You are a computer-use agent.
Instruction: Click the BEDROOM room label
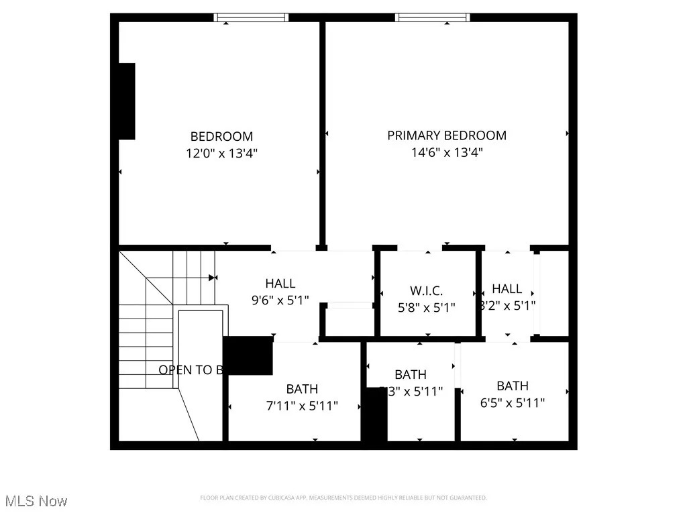tap(221, 136)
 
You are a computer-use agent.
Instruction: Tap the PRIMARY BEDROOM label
tap(447, 135)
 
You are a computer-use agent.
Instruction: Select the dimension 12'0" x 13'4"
tap(221, 153)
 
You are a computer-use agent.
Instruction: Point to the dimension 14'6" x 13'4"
tap(447, 152)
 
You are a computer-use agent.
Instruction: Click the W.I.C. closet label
tap(427, 291)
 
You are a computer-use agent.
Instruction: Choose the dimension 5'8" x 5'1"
tap(427, 308)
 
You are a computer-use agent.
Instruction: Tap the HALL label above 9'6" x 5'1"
tap(280, 284)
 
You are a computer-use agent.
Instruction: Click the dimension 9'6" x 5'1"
tap(280, 300)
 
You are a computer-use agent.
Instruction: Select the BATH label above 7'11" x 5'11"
tap(302, 389)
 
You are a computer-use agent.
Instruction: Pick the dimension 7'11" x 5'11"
tap(302, 406)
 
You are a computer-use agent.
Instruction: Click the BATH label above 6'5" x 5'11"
tap(513, 386)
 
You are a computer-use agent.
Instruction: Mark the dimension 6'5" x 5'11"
tap(513, 403)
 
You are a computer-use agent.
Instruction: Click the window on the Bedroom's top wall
tap(252, 17)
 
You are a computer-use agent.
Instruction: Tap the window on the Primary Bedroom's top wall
tap(432, 17)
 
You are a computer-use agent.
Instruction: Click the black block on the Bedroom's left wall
tap(127, 101)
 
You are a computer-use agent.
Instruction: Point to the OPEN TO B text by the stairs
tap(191, 369)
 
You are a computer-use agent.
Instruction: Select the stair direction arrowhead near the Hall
tap(213, 277)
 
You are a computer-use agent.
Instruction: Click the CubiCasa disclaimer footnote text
tap(343, 498)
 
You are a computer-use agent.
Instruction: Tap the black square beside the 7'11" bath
tap(248, 356)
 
